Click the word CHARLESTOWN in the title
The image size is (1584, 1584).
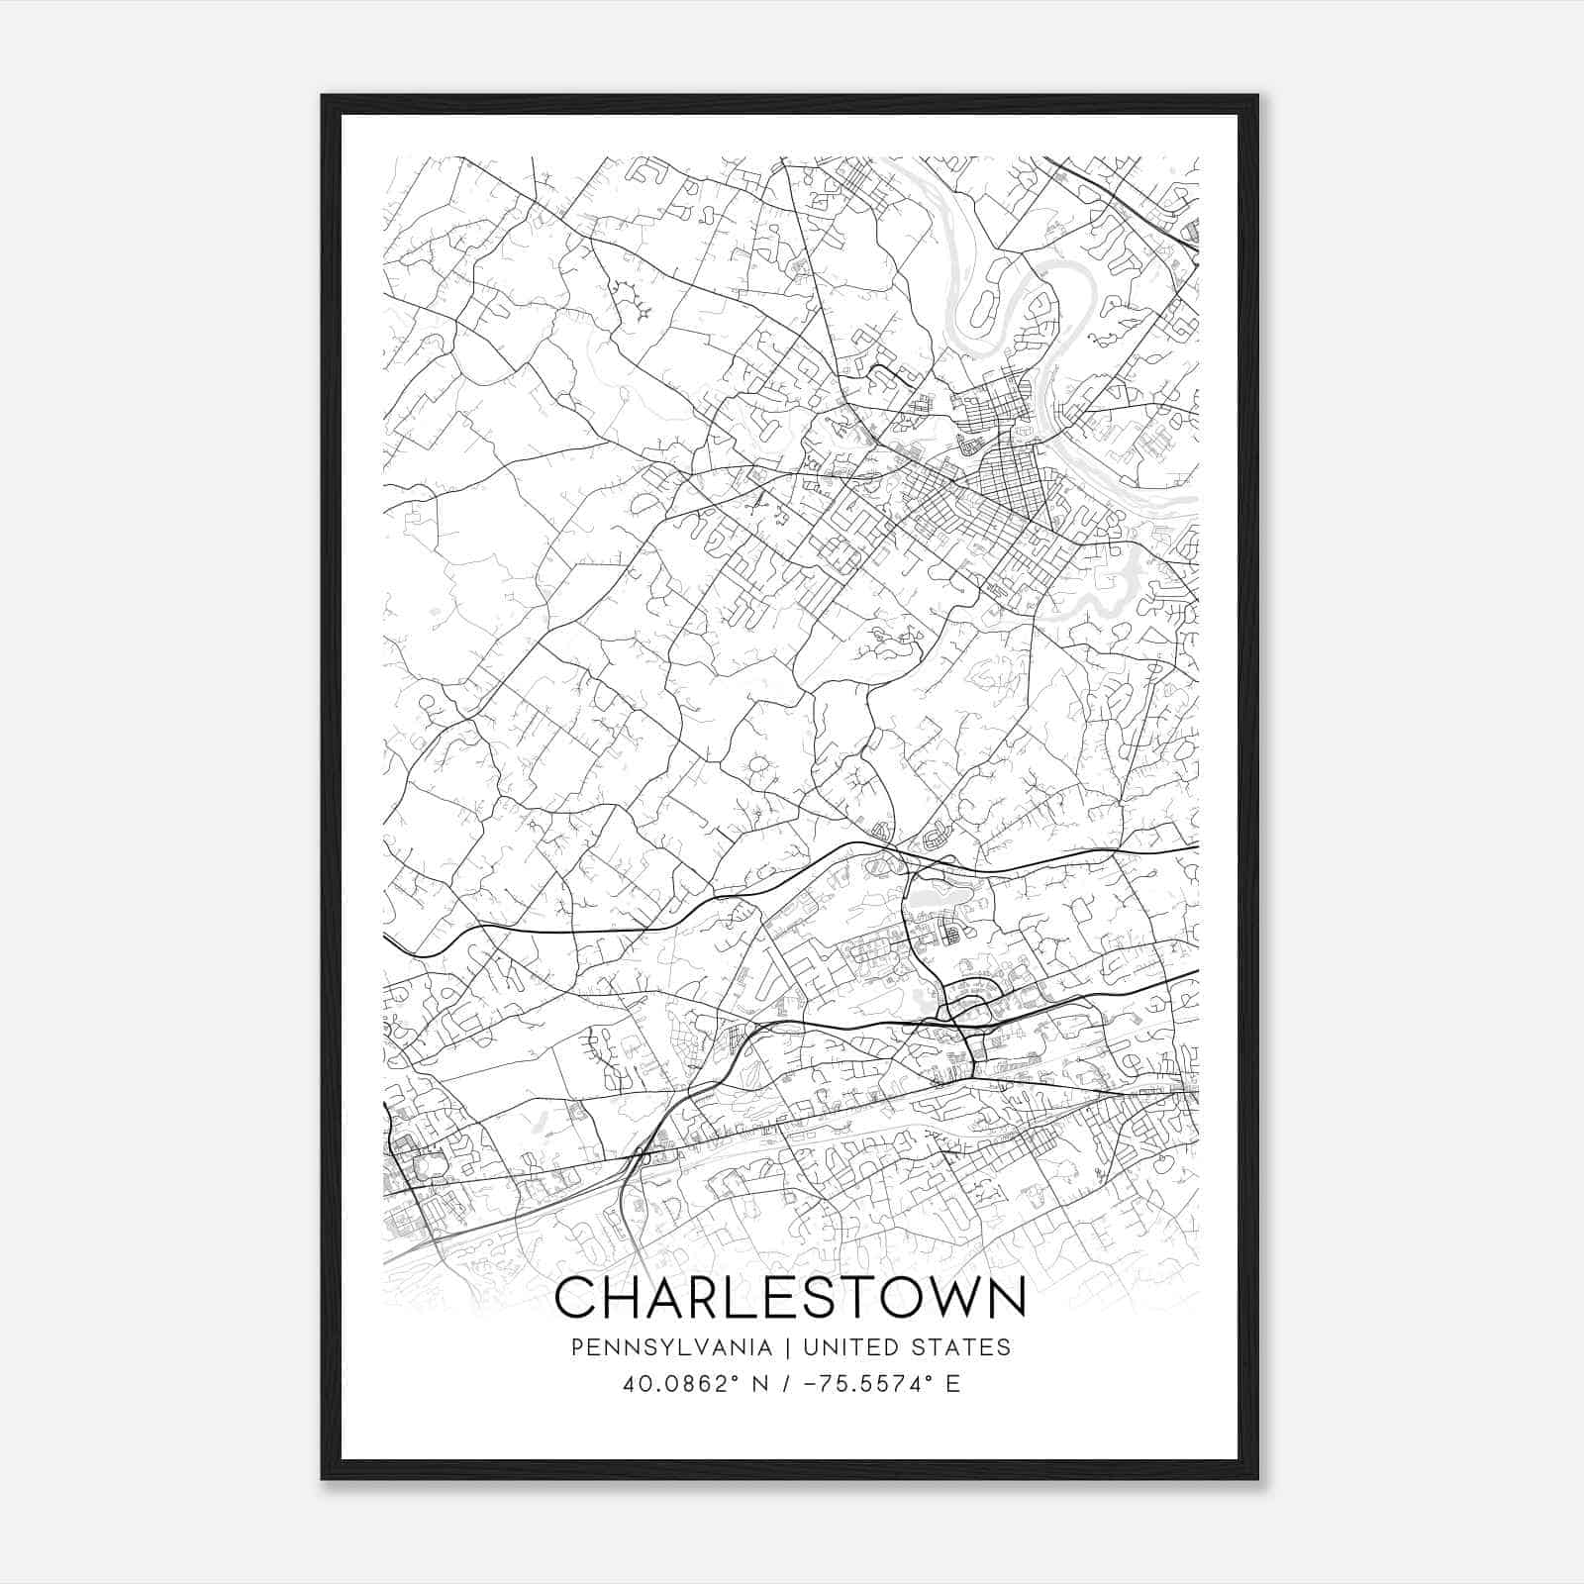click(790, 1299)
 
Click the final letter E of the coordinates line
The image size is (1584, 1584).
click(953, 1384)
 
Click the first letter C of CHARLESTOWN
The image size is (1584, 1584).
click(575, 1299)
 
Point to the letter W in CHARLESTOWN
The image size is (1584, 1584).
click(940, 1299)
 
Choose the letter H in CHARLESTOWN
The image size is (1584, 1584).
click(621, 1299)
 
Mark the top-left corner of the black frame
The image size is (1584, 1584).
click(323, 97)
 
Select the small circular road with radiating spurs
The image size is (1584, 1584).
click(759, 767)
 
